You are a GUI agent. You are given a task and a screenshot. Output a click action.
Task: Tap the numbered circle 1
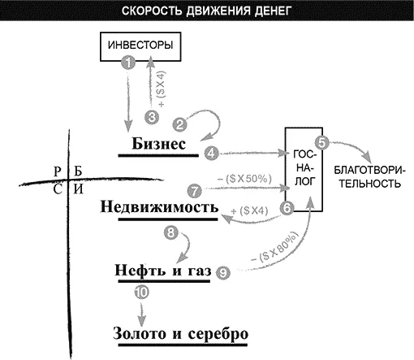pyautogui.click(x=128, y=63)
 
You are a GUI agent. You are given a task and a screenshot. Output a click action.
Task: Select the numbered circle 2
pyautogui.click(x=179, y=125)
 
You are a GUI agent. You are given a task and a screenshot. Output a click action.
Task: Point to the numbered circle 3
pyautogui.click(x=152, y=117)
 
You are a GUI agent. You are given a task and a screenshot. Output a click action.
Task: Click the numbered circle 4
pyautogui.click(x=211, y=154)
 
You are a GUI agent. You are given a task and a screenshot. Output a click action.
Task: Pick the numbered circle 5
pyautogui.click(x=322, y=142)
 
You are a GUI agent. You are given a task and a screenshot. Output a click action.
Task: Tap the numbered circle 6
pyautogui.click(x=287, y=208)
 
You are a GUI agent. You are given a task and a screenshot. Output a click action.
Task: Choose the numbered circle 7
pyautogui.click(x=195, y=191)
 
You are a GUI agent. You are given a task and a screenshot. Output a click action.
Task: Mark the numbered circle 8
pyautogui.click(x=171, y=232)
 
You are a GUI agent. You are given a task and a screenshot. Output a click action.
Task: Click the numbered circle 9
pyautogui.click(x=223, y=273)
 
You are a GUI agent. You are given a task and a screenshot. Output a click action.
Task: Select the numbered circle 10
pyautogui.click(x=142, y=292)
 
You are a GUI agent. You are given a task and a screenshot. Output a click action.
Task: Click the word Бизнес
pyautogui.click(x=159, y=144)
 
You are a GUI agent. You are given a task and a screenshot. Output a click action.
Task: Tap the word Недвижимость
pyautogui.click(x=159, y=206)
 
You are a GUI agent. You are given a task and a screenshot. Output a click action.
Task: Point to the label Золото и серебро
pyautogui.click(x=180, y=333)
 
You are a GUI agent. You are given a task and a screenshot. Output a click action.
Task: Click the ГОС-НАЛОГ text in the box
pyautogui.click(x=304, y=168)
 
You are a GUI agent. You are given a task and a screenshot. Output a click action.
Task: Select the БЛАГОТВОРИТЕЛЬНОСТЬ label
pyautogui.click(x=369, y=177)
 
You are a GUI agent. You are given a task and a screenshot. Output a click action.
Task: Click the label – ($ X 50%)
pyautogui.click(x=244, y=179)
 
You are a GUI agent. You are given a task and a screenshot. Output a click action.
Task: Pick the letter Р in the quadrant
pyautogui.click(x=58, y=171)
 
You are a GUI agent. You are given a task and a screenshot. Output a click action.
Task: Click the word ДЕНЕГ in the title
pyautogui.click(x=273, y=11)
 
